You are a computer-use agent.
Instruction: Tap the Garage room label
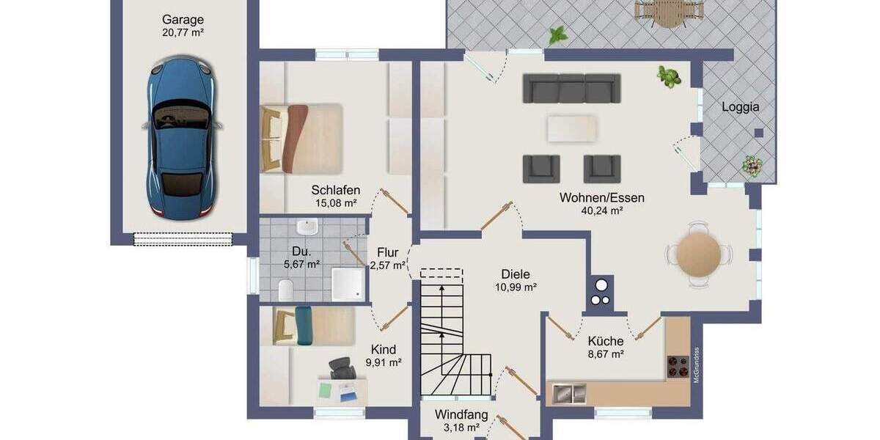click(x=183, y=20)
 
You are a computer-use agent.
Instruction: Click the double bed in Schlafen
click(x=302, y=138)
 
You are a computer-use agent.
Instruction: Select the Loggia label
click(x=740, y=107)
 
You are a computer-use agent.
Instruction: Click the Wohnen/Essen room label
click(x=601, y=197)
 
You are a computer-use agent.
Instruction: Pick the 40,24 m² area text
click(x=601, y=210)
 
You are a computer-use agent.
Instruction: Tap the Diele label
click(x=516, y=274)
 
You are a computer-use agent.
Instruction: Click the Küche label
click(x=606, y=341)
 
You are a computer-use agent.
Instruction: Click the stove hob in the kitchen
click(x=677, y=365)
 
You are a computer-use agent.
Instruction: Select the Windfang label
click(x=461, y=414)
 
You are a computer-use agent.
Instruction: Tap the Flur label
click(x=388, y=253)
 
